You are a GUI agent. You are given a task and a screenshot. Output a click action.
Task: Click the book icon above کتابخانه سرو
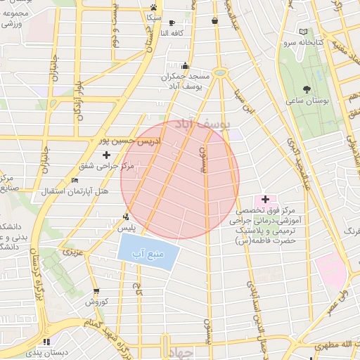coord(303,32)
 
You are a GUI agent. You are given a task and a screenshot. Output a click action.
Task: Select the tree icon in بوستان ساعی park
coord(306,89)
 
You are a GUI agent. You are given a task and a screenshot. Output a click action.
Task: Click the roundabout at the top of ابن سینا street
coord(220,72)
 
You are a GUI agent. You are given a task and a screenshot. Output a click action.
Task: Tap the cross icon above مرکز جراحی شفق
coord(107,154)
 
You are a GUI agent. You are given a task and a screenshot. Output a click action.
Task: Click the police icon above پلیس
coord(125,217)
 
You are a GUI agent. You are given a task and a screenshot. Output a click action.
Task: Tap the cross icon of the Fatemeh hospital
coord(264,200)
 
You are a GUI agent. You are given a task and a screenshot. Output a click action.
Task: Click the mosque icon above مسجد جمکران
coord(186,65)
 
